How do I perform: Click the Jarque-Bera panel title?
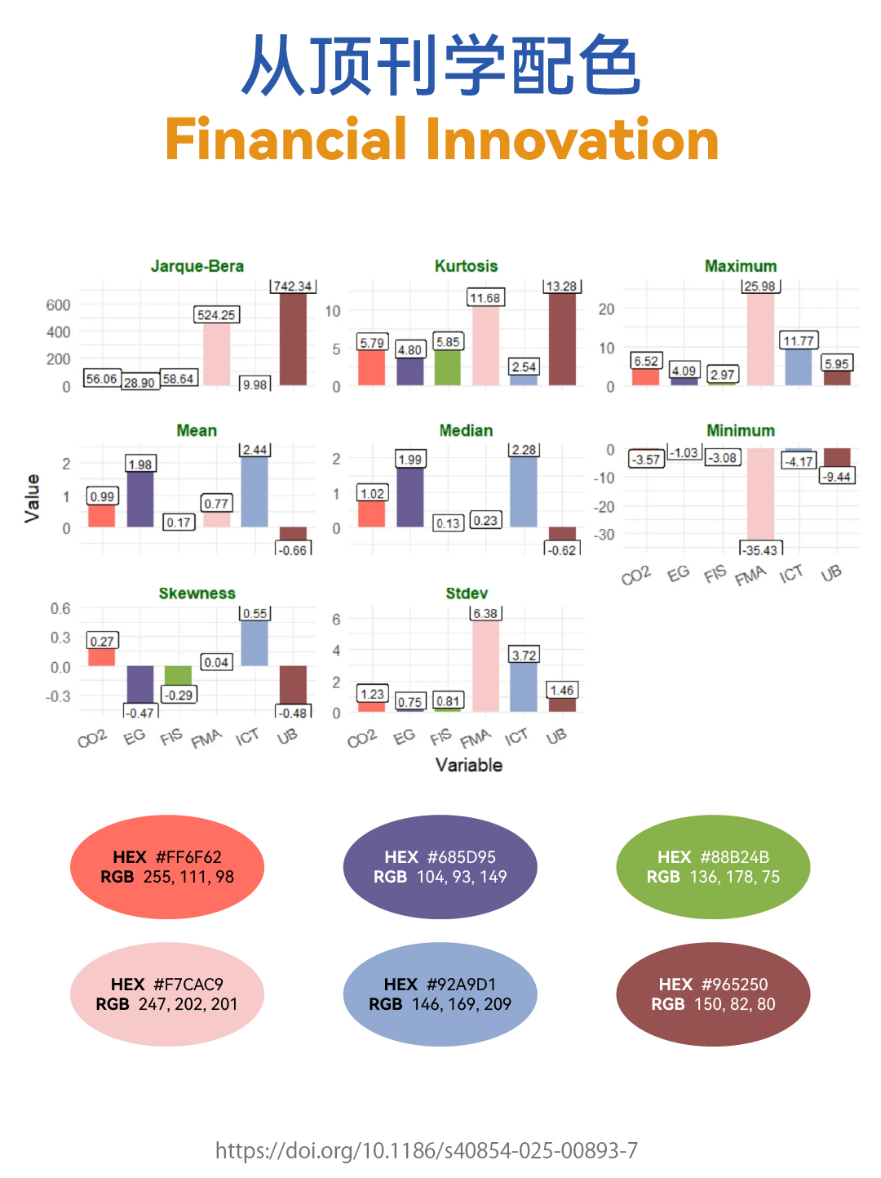pyautogui.click(x=197, y=266)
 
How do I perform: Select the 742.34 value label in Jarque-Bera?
pyautogui.click(x=292, y=286)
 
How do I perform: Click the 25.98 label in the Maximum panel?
pyautogui.click(x=759, y=286)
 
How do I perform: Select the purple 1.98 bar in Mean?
pyautogui.click(x=139, y=499)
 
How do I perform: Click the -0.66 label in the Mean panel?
pyautogui.click(x=292, y=550)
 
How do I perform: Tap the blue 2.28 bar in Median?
pyautogui.click(x=523, y=491)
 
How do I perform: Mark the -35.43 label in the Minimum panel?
pyautogui.click(x=759, y=550)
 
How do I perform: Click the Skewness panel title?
pyautogui.click(x=197, y=593)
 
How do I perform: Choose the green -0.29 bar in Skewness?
pyautogui.click(x=178, y=675)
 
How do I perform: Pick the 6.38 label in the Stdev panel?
pyautogui.click(x=485, y=613)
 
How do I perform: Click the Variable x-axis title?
pyautogui.click(x=468, y=765)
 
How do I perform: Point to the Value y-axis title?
pyautogui.click(x=33, y=498)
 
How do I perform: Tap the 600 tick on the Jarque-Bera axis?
pyautogui.click(x=58, y=305)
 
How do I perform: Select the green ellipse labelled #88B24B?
pyautogui.click(x=713, y=867)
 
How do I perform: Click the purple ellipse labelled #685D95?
pyautogui.click(x=440, y=867)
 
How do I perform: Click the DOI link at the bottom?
pyautogui.click(x=426, y=1151)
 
